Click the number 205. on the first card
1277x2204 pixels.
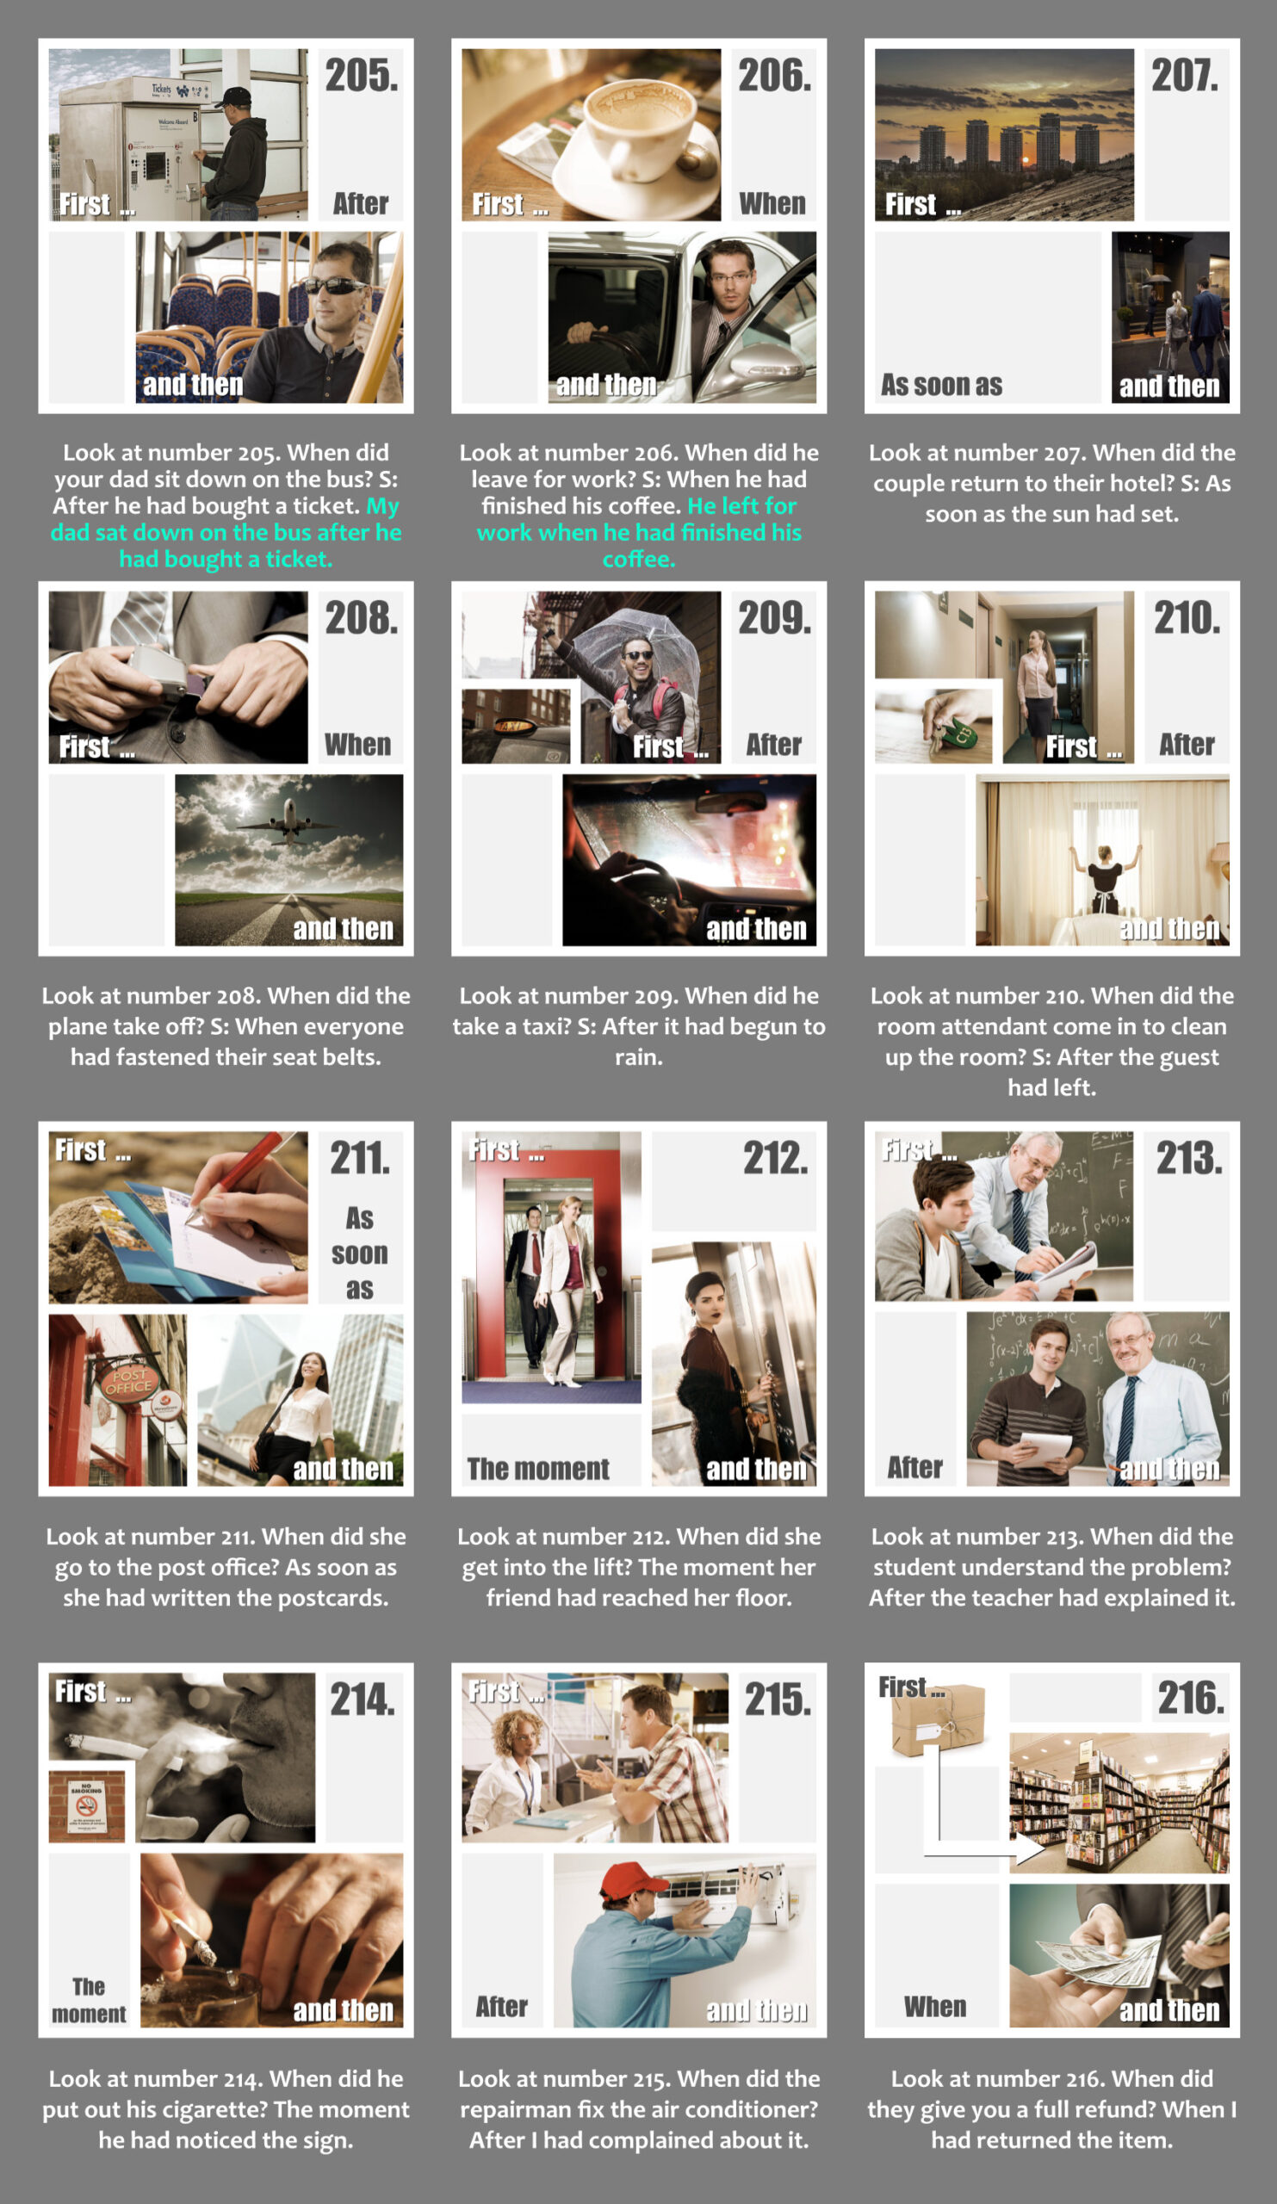[362, 76]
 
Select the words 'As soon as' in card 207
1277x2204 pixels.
[941, 385]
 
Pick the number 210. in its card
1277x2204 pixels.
[1187, 618]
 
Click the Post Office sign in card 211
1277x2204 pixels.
[128, 1381]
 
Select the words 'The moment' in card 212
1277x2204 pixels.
[538, 1470]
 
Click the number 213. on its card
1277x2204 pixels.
[1189, 1159]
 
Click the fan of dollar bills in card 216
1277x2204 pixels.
[1101, 1959]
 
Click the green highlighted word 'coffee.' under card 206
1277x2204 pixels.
[639, 559]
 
